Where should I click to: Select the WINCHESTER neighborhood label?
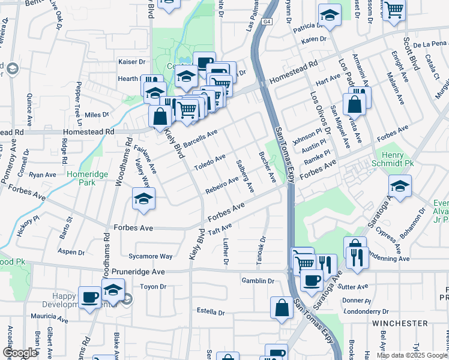click(400, 323)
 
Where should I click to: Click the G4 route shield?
click(267, 22)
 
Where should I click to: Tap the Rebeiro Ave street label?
click(221, 182)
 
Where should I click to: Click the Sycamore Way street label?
click(155, 256)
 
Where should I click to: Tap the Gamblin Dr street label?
click(258, 281)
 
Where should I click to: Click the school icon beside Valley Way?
click(143, 200)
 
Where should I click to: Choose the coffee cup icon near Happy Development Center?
click(89, 298)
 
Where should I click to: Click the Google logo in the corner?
click(20, 353)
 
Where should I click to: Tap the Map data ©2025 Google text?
click(411, 355)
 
